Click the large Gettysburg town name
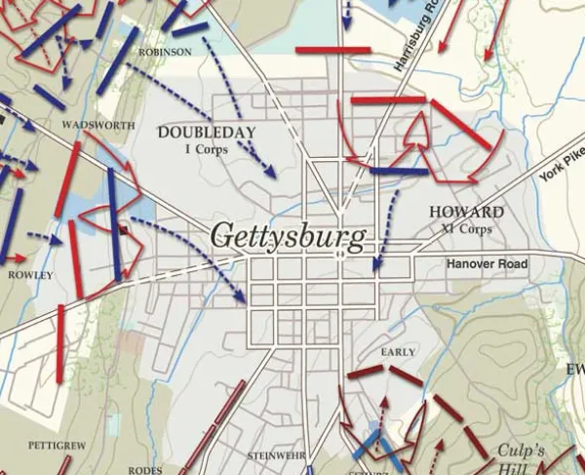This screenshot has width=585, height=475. (x=289, y=237)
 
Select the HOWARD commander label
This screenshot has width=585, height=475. (x=466, y=212)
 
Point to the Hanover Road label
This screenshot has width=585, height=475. (x=487, y=264)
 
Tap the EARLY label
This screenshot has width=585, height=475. (x=400, y=351)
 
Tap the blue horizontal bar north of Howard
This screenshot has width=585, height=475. (x=399, y=172)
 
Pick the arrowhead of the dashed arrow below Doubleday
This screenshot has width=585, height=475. (x=270, y=172)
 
